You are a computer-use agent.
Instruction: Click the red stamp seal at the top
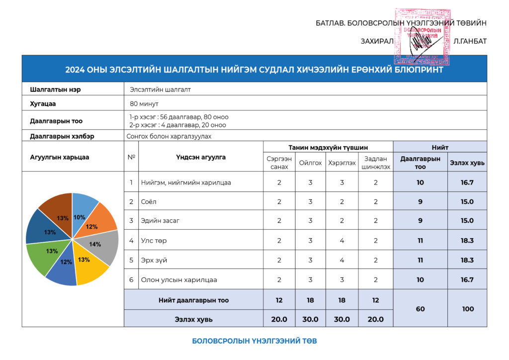(422, 36)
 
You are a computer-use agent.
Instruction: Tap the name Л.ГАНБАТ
(470, 41)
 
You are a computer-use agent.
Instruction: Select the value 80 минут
(144, 104)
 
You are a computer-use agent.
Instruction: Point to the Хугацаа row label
(43, 104)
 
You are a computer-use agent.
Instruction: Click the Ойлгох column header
(310, 163)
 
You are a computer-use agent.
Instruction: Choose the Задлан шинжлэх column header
(376, 163)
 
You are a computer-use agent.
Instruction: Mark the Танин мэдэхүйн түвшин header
(328, 147)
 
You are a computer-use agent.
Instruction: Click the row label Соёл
(146, 202)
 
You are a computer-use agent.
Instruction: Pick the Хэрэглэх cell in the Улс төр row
(342, 241)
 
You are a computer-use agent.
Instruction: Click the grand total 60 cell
(420, 309)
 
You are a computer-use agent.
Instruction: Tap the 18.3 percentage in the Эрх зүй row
(467, 260)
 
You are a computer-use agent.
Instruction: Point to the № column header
(131, 157)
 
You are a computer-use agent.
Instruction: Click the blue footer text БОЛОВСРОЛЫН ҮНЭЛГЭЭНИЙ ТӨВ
(254, 341)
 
